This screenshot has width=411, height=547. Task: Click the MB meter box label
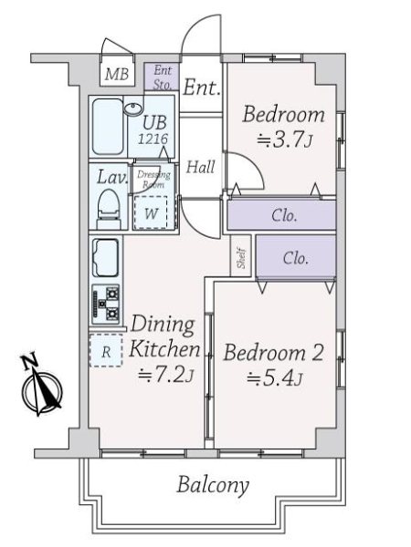click(x=116, y=74)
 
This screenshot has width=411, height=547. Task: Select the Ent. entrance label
click(x=201, y=88)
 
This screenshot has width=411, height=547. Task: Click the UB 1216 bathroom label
click(x=153, y=131)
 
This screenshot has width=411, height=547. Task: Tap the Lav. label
click(x=111, y=177)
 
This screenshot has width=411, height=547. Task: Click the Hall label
click(x=201, y=167)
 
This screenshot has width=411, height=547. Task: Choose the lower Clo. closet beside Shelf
click(x=294, y=257)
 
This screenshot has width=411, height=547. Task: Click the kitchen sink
click(x=105, y=259)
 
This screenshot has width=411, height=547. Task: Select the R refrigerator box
click(x=105, y=351)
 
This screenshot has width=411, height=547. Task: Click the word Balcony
click(x=213, y=484)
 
